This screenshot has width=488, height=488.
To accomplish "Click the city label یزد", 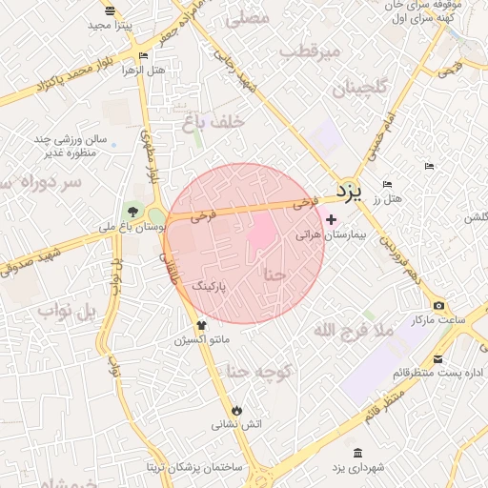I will tap(350, 192).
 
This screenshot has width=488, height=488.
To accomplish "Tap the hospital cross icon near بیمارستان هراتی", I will tap(331, 219).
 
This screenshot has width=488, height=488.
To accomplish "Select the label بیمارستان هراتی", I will tap(325, 234).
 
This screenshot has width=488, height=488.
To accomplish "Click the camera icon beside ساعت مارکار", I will tap(438, 306).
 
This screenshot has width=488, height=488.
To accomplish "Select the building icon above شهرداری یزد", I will tap(357, 453).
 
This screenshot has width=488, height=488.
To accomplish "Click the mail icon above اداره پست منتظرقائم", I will tap(437, 359).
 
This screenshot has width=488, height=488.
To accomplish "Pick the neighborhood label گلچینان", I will tap(361, 90).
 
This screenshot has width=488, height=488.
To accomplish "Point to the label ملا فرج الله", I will tap(354, 330).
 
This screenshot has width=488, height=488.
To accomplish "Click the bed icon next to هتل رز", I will tap(386, 185).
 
